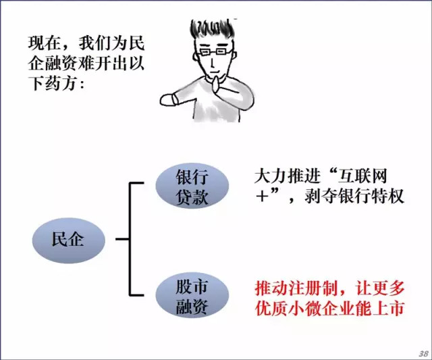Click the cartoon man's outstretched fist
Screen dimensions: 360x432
168,100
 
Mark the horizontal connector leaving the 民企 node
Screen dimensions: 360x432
122,238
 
